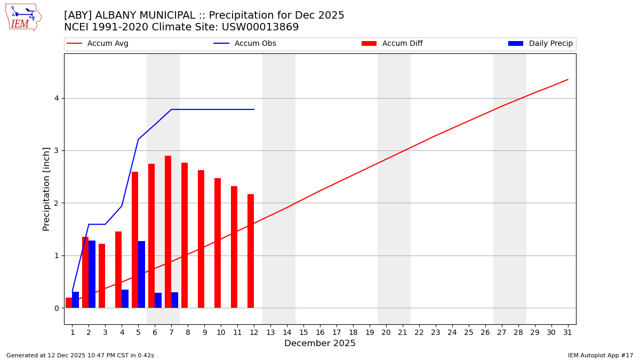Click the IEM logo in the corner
pyautogui.click(x=23, y=17)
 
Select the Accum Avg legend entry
pyautogui.click(x=98, y=44)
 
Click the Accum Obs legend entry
pyautogui.click(x=245, y=44)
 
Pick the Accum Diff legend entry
pyautogui.click(x=392, y=44)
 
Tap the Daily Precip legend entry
pyautogui.click(x=540, y=44)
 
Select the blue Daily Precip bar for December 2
pyautogui.click(x=92, y=274)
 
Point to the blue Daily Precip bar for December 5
pyautogui.click(x=141, y=275)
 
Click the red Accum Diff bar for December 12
pyautogui.click(x=251, y=251)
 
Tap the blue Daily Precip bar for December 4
pyautogui.click(x=125, y=299)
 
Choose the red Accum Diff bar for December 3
pyautogui.click(x=102, y=276)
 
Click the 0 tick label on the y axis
pyautogui.click(x=56, y=308)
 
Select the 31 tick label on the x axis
pyautogui.click(x=567, y=333)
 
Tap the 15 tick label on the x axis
pyautogui.click(x=303, y=333)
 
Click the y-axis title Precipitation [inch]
pyautogui.click(x=46, y=189)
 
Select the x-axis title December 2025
pyautogui.click(x=320, y=343)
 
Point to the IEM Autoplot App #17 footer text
pyautogui.click(x=601, y=355)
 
